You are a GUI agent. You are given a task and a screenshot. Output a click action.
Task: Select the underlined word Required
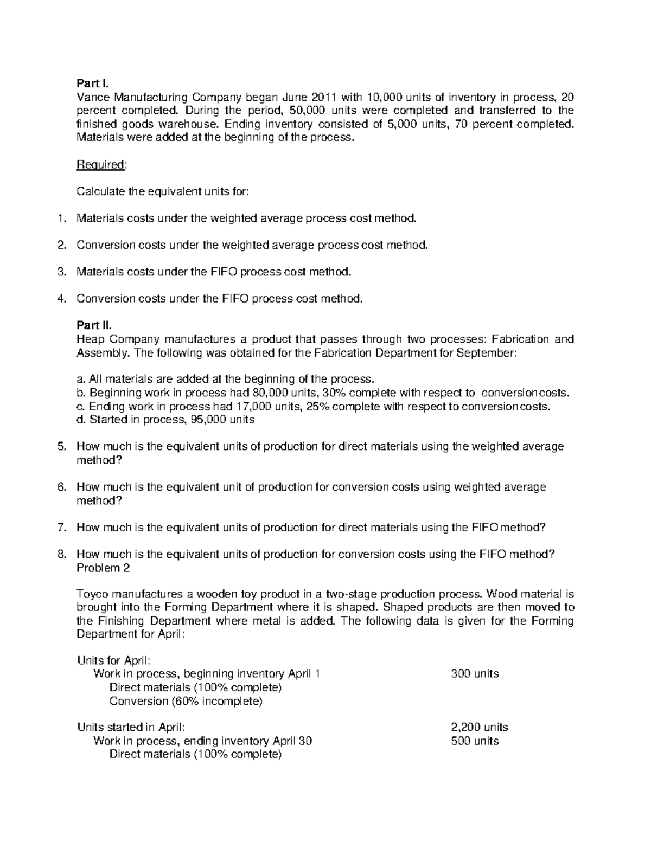click(101, 165)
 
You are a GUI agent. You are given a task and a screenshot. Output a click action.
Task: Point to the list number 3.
click(61, 272)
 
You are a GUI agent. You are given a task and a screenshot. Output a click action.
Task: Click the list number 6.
click(61, 487)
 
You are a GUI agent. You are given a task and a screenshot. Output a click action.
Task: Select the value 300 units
click(475, 674)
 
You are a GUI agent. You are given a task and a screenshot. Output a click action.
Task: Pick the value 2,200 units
click(479, 727)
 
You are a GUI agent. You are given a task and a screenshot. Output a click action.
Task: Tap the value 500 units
click(475, 741)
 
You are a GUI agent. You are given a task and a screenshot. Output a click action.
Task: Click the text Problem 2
click(103, 568)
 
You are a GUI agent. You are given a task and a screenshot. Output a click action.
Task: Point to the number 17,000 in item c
click(253, 406)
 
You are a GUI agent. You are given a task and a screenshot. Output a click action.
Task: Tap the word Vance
click(92, 98)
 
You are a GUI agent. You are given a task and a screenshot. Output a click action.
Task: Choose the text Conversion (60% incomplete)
click(186, 701)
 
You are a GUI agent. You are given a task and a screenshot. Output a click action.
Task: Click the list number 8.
click(61, 554)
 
